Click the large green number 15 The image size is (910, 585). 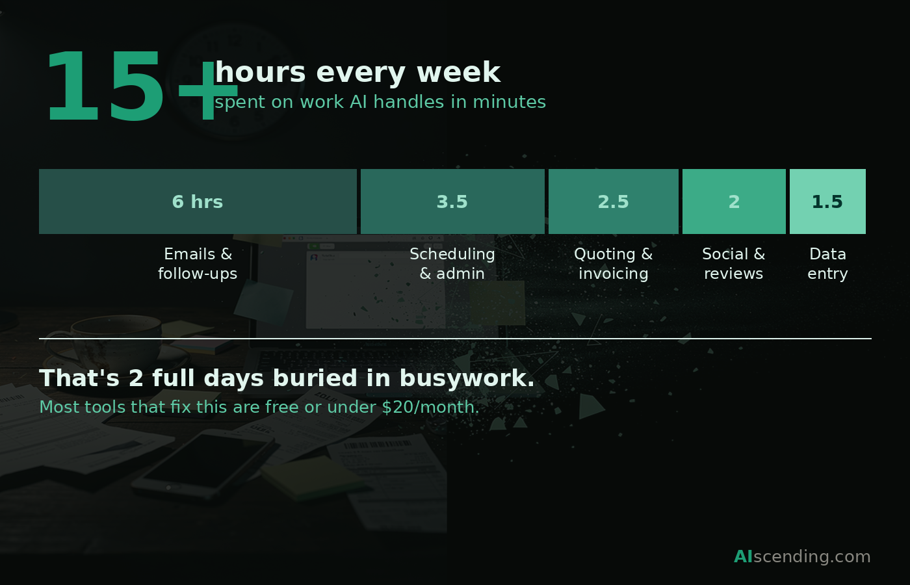(x=104, y=88)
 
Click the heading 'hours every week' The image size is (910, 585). (x=357, y=72)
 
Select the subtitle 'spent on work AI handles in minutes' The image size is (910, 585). (x=380, y=102)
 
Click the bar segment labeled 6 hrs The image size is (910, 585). (x=198, y=201)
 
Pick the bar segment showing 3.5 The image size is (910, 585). (x=452, y=201)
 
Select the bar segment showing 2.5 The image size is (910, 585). (x=613, y=201)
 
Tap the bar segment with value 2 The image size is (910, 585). (x=734, y=201)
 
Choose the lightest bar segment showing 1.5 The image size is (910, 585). (x=827, y=201)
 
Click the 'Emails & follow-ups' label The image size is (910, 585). (x=198, y=264)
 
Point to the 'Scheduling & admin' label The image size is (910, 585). (x=452, y=264)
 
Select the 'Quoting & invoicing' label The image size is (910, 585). (x=613, y=264)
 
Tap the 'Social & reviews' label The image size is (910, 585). (x=734, y=264)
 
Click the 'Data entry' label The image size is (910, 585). (x=827, y=264)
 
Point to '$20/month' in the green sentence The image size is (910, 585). (x=430, y=408)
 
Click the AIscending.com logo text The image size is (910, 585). (x=802, y=556)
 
